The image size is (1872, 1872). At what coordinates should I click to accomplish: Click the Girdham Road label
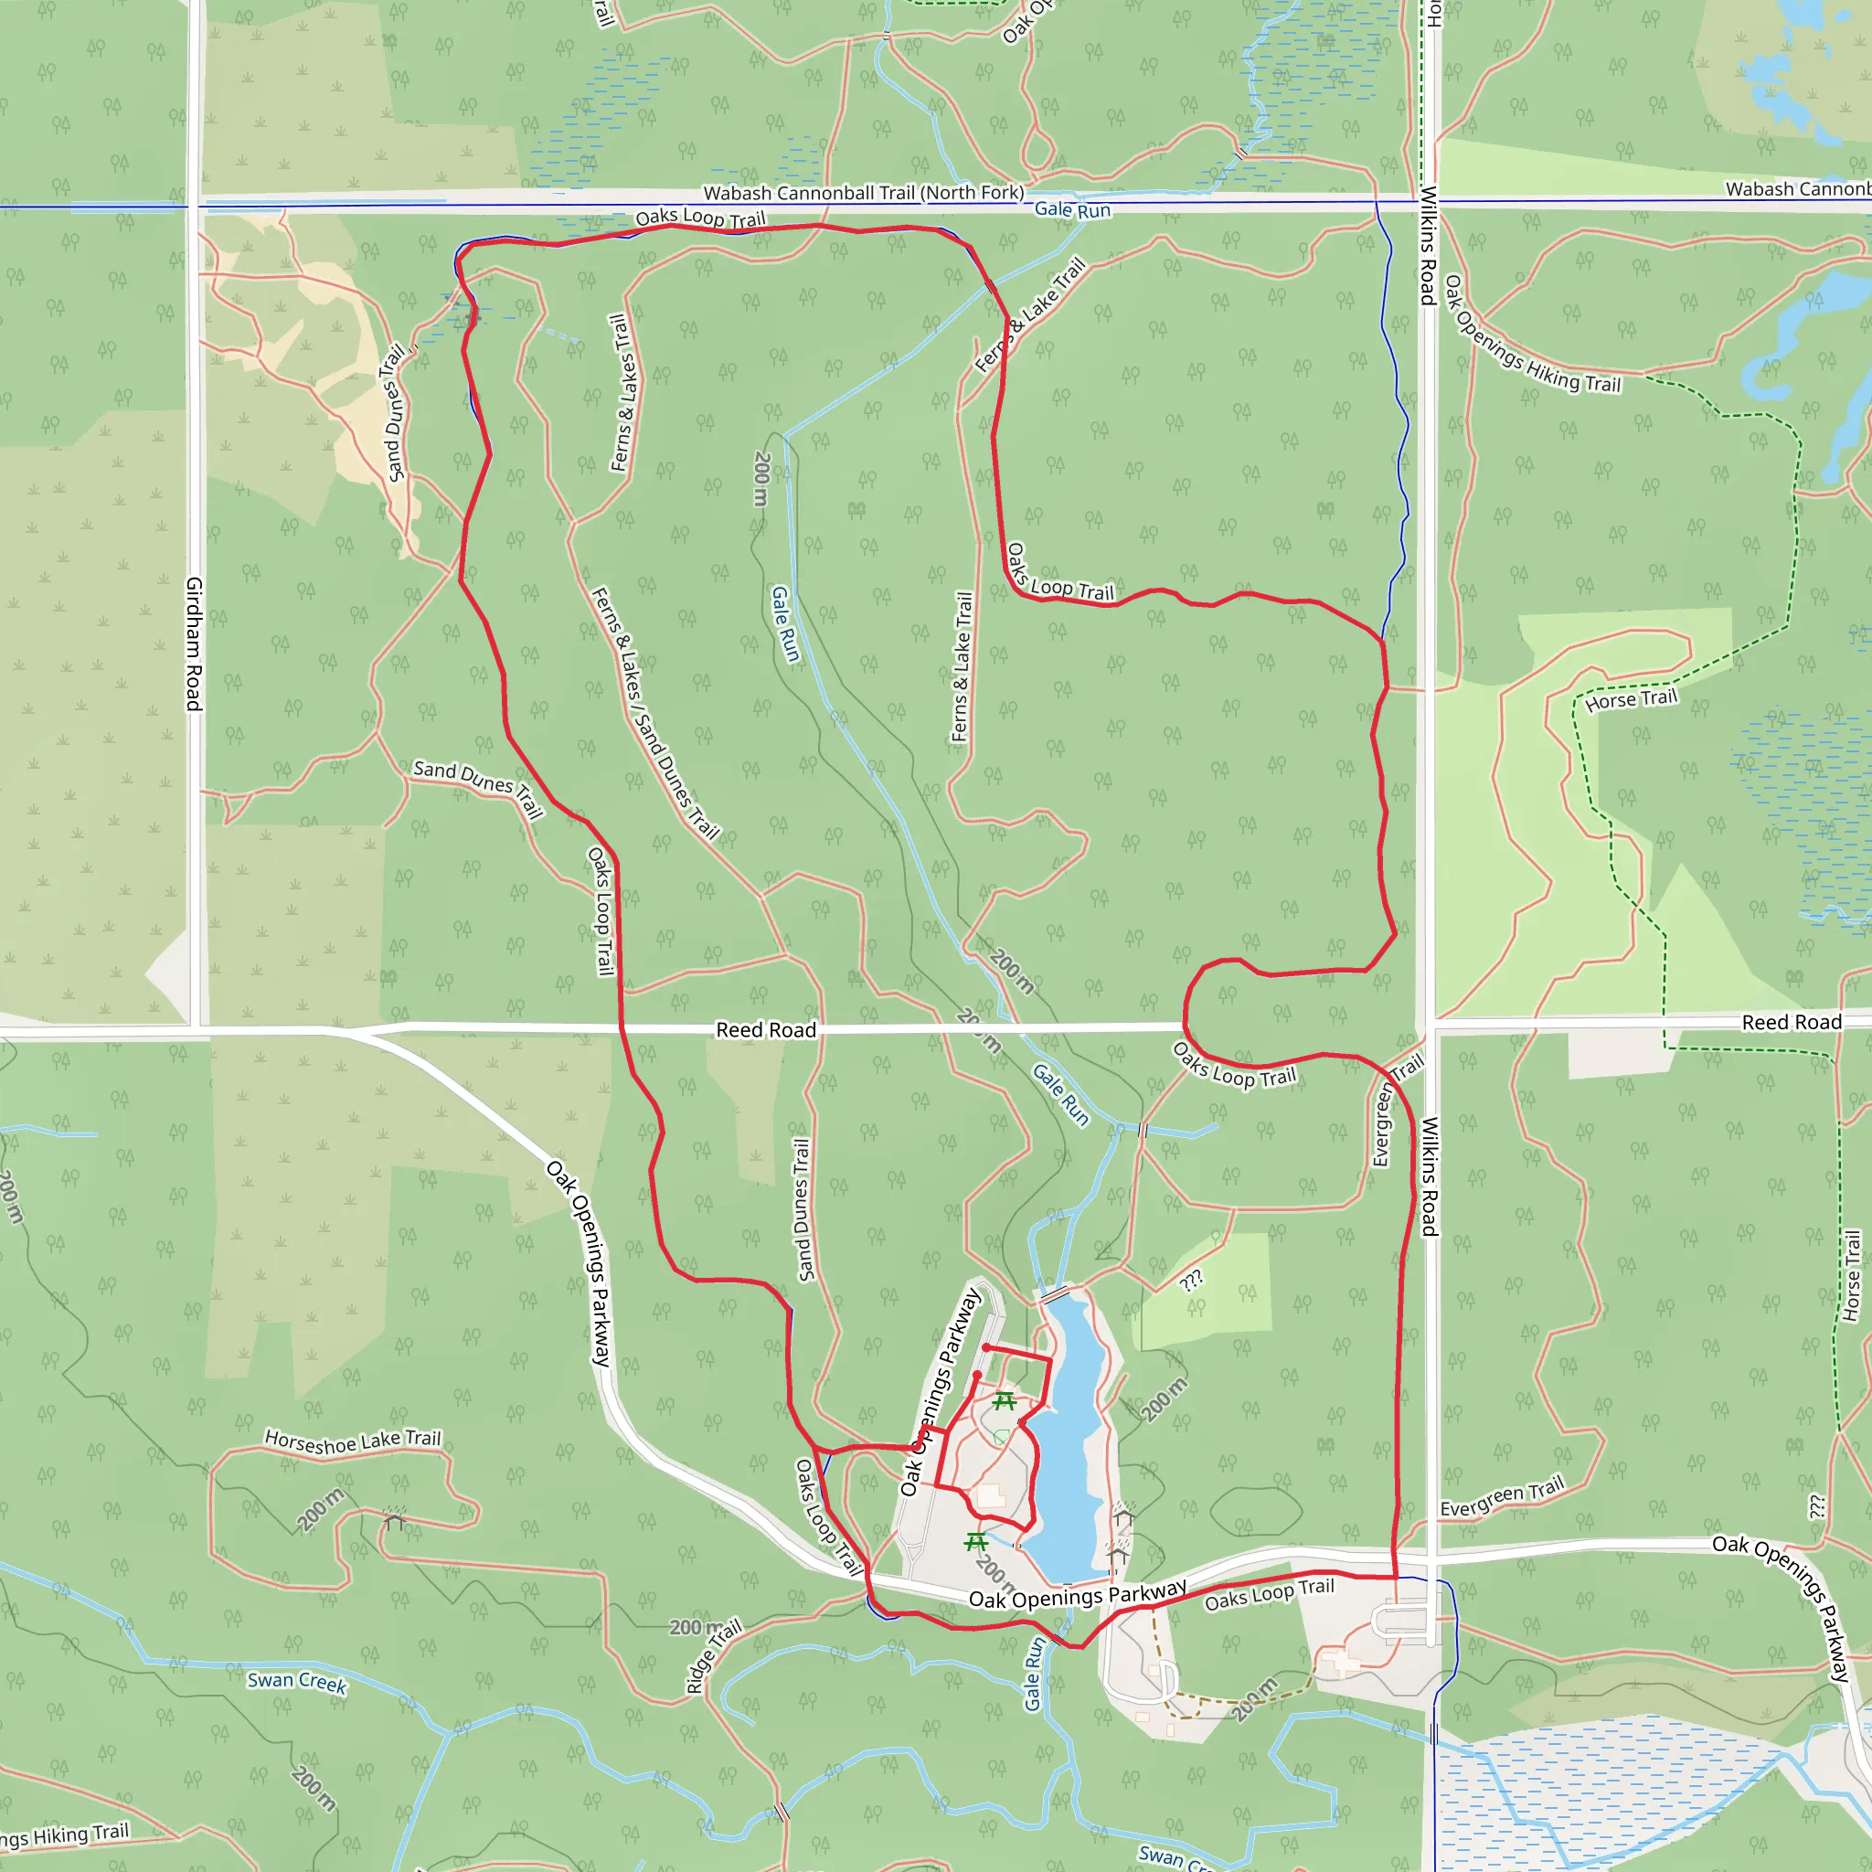tap(194, 643)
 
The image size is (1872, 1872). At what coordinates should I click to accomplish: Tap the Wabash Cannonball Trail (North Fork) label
tap(862, 193)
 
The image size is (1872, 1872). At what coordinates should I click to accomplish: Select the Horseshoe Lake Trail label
tap(353, 1441)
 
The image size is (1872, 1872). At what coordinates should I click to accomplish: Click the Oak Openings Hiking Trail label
tap(1531, 335)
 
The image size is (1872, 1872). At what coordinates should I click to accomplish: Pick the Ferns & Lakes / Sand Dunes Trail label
tap(655, 713)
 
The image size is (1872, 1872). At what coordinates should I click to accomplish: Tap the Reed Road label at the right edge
tap(1791, 1022)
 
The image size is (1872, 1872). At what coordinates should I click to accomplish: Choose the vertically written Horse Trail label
tap(1852, 1275)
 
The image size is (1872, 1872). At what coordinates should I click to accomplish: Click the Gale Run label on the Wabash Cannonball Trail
tap(1071, 209)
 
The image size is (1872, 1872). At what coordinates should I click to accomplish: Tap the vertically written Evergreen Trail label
tap(1383, 1124)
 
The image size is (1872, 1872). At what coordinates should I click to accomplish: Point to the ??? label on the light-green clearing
tap(1192, 1280)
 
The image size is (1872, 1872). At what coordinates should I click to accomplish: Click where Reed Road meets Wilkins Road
tap(1430, 1024)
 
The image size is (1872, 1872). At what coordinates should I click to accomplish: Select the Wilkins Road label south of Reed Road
tap(1429, 1176)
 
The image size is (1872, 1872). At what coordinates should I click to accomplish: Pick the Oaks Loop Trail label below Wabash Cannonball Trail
tap(699, 219)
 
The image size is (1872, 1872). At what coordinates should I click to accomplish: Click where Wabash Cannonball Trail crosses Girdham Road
tap(196, 206)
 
